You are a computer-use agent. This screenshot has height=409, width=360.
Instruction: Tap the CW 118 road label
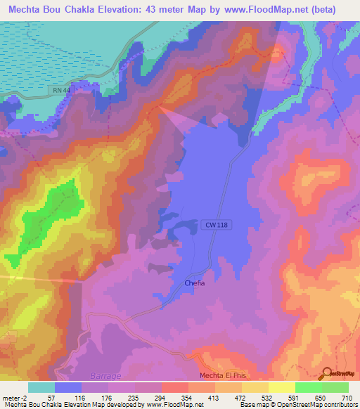[x=217, y=224]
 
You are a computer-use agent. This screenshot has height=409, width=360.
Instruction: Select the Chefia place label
[x=194, y=283]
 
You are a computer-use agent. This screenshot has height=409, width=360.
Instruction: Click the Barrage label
[x=105, y=376]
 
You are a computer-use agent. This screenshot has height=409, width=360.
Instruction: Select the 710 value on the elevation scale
[x=347, y=398]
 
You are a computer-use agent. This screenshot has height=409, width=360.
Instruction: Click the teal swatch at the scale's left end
[x=41, y=387]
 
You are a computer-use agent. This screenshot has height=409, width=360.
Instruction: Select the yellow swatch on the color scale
[x=282, y=387]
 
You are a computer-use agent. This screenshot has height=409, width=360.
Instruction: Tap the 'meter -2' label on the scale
[x=15, y=398]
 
